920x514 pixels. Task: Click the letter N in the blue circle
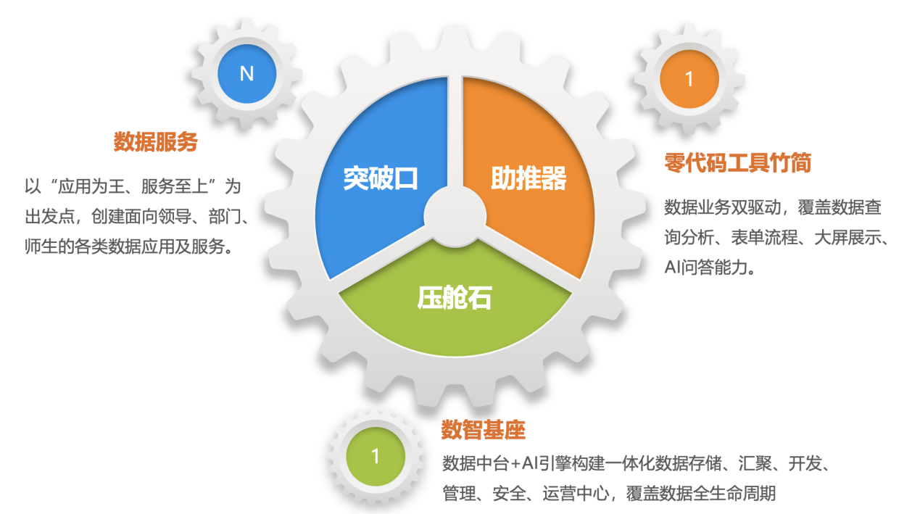[246, 74]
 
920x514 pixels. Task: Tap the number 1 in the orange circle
[689, 79]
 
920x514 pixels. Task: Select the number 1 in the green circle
[376, 456]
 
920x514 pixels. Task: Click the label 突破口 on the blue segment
[381, 178]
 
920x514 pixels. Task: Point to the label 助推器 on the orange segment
[529, 178]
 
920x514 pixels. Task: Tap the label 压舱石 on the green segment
[455, 297]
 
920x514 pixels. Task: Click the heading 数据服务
[155, 143]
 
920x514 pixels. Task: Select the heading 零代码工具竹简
[737, 163]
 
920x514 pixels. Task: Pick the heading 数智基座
[483, 431]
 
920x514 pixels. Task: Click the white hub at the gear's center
[455, 213]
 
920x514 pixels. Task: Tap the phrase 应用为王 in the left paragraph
[95, 186]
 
